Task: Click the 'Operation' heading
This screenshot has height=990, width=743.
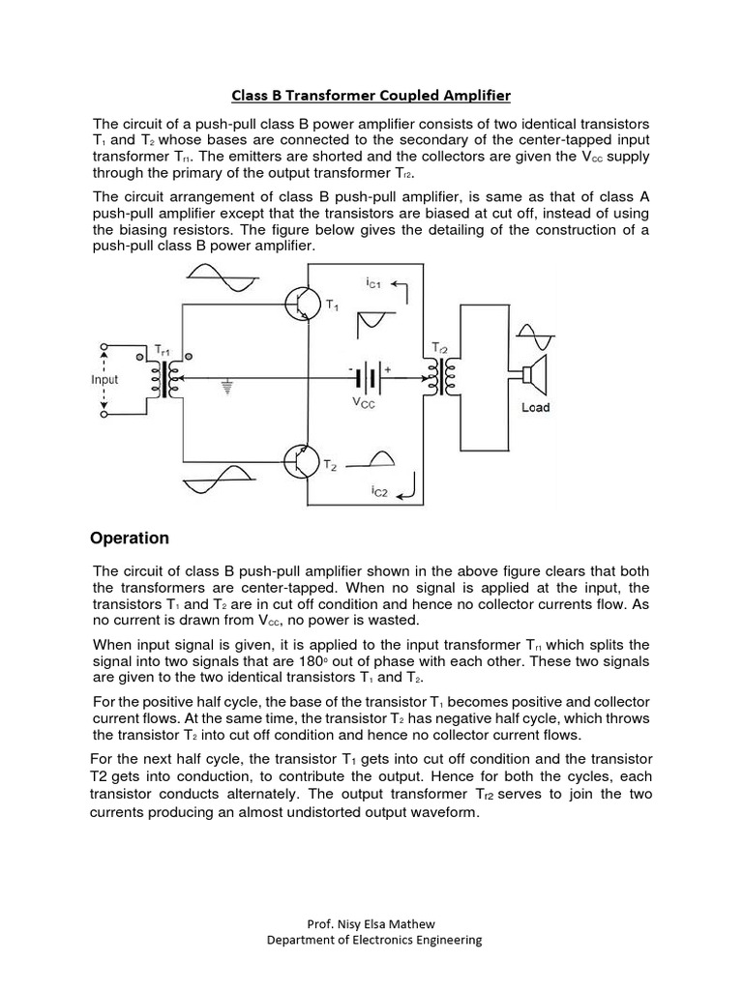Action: (x=130, y=539)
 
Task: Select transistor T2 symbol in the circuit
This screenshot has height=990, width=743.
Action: (x=303, y=460)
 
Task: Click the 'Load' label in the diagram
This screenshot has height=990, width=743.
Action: (x=535, y=408)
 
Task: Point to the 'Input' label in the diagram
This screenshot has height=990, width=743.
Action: (x=104, y=379)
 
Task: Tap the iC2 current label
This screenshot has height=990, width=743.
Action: (x=380, y=491)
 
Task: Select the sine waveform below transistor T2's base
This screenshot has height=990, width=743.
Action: (x=220, y=480)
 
